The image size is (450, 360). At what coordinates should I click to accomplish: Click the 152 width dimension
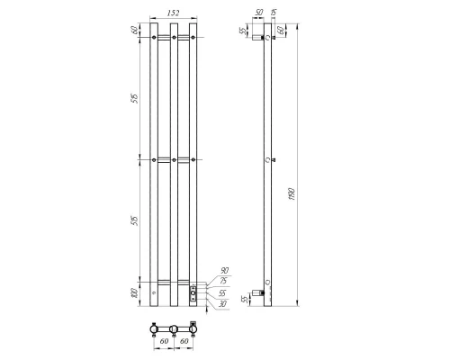coord(175,13)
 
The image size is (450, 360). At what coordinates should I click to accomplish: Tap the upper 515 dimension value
coord(134,98)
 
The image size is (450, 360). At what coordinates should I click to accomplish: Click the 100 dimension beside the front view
coord(134,292)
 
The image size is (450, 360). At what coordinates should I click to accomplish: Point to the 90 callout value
coord(223,270)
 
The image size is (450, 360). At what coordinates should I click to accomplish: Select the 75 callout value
coord(223,280)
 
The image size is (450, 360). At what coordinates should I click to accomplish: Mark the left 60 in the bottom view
coord(163,341)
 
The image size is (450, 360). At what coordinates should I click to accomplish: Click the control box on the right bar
coord(193,292)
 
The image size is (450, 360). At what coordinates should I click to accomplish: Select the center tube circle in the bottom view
coord(175,325)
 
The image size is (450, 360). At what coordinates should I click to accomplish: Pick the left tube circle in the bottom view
coord(155,325)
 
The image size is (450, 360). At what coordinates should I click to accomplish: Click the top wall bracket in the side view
coord(258,39)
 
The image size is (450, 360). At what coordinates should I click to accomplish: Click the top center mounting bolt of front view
coord(175,38)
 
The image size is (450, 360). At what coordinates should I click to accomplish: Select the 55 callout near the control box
coord(223,292)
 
